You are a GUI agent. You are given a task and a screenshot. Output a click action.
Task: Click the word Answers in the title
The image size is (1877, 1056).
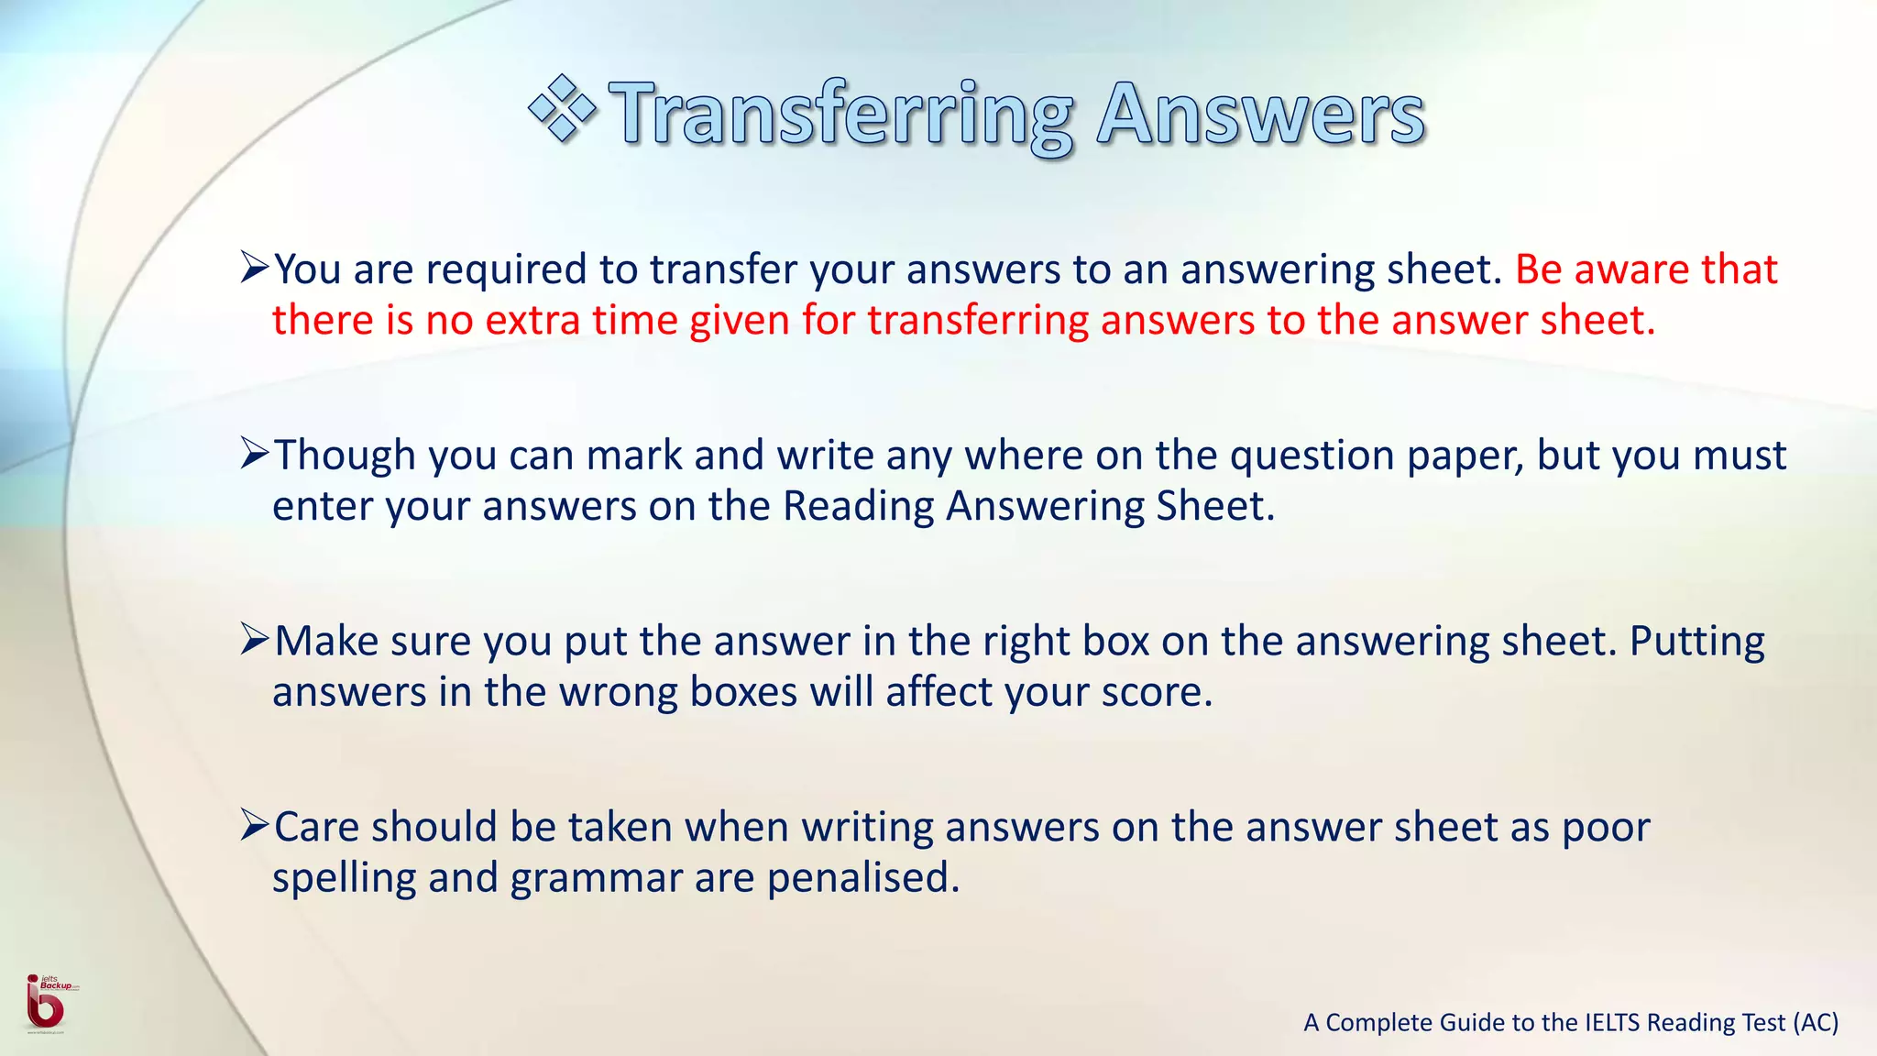[x=1260, y=114]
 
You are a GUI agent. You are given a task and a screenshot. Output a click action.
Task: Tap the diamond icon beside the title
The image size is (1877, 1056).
[x=562, y=109]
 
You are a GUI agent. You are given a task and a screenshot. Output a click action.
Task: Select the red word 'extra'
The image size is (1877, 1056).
[x=532, y=321]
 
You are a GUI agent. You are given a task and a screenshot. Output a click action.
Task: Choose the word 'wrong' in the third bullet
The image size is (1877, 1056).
[x=619, y=693]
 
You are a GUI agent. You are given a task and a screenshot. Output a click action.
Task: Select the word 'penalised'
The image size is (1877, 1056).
[x=862, y=878]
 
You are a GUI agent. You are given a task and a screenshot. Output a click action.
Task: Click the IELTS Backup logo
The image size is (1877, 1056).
[x=46, y=1003]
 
